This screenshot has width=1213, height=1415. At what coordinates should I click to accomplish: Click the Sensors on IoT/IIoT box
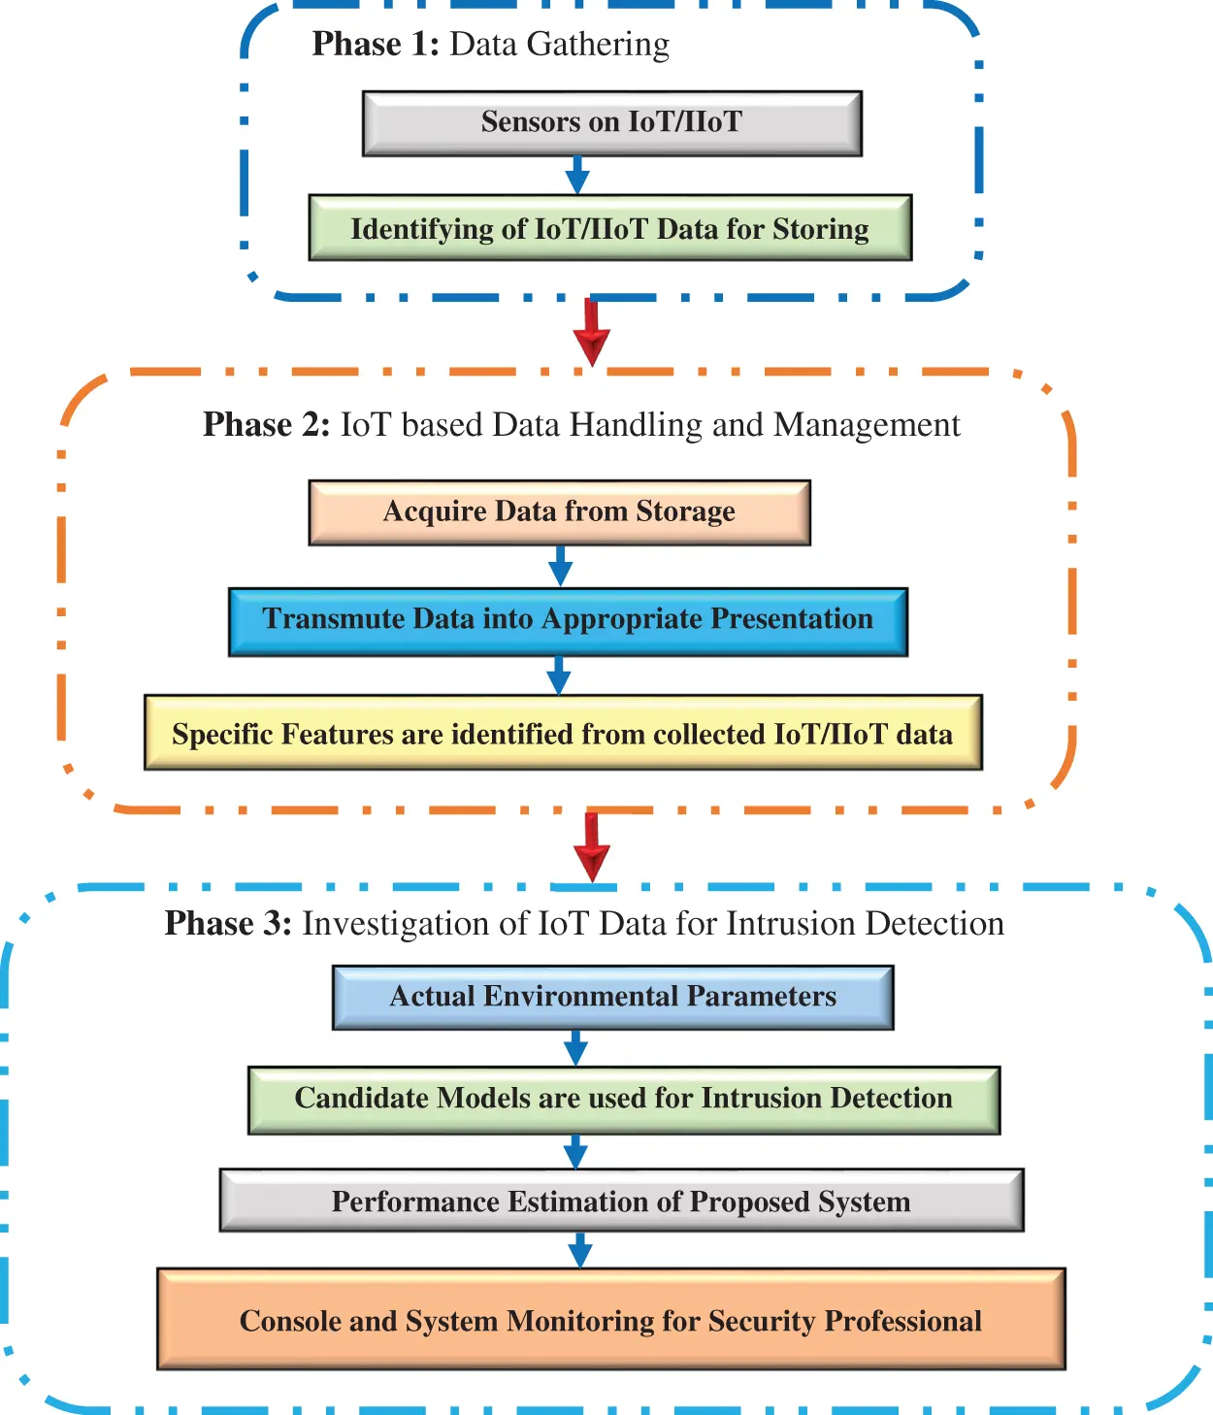[x=611, y=123]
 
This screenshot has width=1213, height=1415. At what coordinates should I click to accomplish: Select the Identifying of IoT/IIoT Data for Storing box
[x=609, y=228]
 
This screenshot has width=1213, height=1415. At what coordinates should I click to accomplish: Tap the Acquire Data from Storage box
[x=559, y=511]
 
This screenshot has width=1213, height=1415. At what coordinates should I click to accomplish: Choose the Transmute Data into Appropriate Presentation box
[x=568, y=621]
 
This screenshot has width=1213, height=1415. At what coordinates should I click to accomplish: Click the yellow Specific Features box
[x=563, y=733]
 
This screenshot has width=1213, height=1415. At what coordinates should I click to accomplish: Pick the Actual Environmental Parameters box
[x=612, y=997]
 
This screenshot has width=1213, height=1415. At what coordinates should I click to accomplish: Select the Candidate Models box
[x=623, y=1100]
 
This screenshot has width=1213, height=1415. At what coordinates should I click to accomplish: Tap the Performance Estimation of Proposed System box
[x=621, y=1201]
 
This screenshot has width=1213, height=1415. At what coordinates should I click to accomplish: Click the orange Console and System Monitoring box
[x=611, y=1319]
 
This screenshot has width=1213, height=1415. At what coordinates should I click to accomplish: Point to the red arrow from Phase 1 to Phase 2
[x=591, y=333]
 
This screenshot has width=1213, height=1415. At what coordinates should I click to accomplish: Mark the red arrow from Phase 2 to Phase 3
[x=591, y=847]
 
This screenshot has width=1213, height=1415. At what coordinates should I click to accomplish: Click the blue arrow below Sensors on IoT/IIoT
[x=577, y=176]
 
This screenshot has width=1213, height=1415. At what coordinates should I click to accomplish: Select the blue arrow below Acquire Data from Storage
[x=560, y=566]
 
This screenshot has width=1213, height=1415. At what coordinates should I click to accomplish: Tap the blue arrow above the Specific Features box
[x=558, y=675]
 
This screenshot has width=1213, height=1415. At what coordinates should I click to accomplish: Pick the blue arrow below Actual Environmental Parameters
[x=575, y=1048]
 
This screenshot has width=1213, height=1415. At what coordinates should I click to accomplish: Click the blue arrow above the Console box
[x=580, y=1250]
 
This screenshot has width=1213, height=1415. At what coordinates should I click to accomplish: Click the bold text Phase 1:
[x=376, y=45]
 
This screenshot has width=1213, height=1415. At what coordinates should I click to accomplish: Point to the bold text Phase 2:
[x=266, y=425]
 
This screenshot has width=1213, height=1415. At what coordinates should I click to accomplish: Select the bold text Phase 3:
[x=228, y=923]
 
